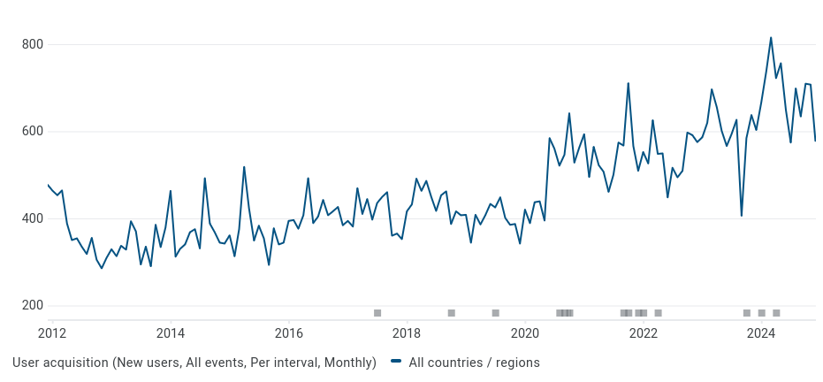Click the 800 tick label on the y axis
point(33,45)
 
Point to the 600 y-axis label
point(33,132)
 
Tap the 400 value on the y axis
point(33,218)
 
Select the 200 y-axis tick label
point(33,306)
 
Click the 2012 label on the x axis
point(52,333)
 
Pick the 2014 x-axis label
point(171,333)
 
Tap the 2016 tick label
point(289,333)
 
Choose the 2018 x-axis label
point(407,333)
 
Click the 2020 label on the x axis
point(525,333)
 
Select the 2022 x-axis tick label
point(644,333)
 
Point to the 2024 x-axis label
point(761,333)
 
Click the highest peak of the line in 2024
point(771,37)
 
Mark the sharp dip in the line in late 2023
point(742,215)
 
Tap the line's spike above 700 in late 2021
point(628,84)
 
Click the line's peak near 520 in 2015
point(244,167)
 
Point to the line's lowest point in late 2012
point(102,268)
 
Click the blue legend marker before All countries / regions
point(396,362)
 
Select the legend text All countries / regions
point(474,363)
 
